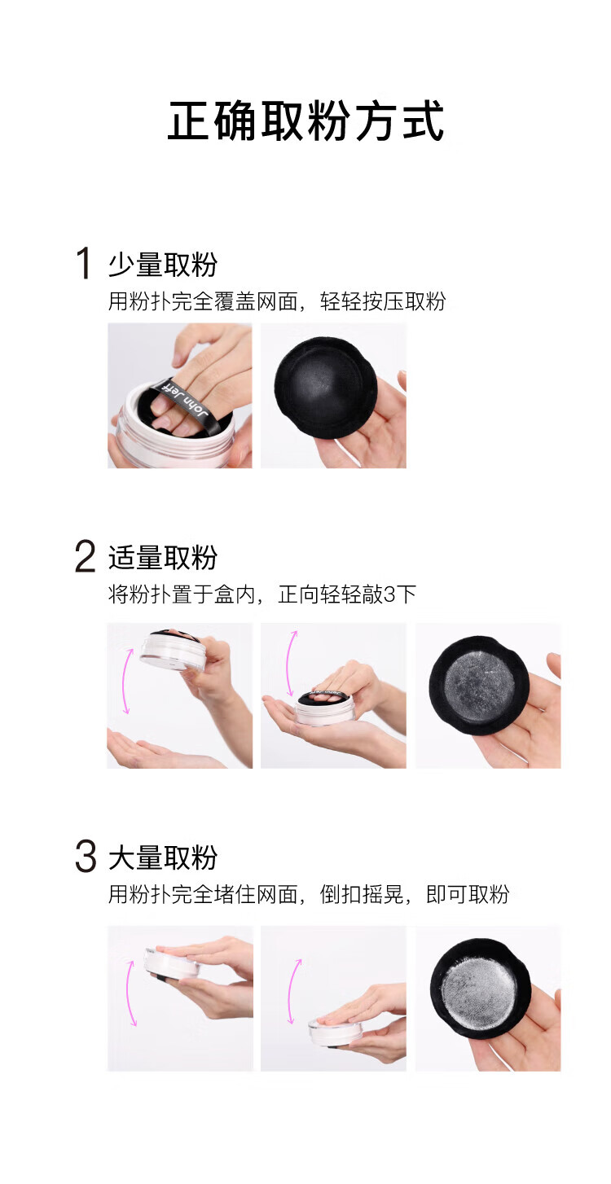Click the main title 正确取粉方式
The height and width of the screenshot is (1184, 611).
click(x=305, y=121)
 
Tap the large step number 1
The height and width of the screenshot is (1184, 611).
click(x=84, y=263)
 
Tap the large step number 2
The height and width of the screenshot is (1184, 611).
click(x=85, y=556)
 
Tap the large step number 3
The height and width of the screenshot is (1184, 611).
click(x=86, y=857)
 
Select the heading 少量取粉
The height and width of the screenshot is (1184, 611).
click(x=163, y=265)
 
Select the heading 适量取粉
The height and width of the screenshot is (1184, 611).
click(x=163, y=558)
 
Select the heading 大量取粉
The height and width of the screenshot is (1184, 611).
click(x=163, y=857)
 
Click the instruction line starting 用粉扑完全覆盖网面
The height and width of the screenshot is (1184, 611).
click(x=277, y=301)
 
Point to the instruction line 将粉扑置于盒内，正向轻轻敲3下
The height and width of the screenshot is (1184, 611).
click(x=262, y=594)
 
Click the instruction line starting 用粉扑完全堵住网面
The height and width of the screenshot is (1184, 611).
click(x=309, y=894)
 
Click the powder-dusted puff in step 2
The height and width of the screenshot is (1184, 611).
click(x=479, y=686)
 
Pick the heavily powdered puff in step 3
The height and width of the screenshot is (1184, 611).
click(x=479, y=988)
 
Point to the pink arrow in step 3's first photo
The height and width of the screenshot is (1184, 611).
click(x=129, y=993)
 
